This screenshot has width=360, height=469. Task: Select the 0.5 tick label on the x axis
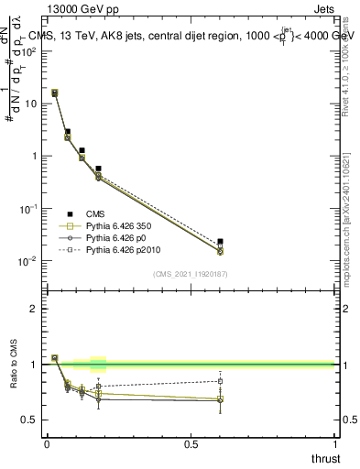tap(191, 444)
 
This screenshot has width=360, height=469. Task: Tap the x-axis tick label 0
tap(47, 444)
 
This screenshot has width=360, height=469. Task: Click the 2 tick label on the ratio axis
tap(35, 309)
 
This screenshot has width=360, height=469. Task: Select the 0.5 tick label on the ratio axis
tap(30, 420)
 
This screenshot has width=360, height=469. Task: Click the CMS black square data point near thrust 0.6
tap(220, 242)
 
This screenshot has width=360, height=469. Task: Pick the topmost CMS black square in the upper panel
tap(55, 93)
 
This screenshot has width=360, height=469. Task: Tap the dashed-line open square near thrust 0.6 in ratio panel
tap(220, 381)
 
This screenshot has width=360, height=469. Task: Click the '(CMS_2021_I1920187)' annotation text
tap(190, 273)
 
